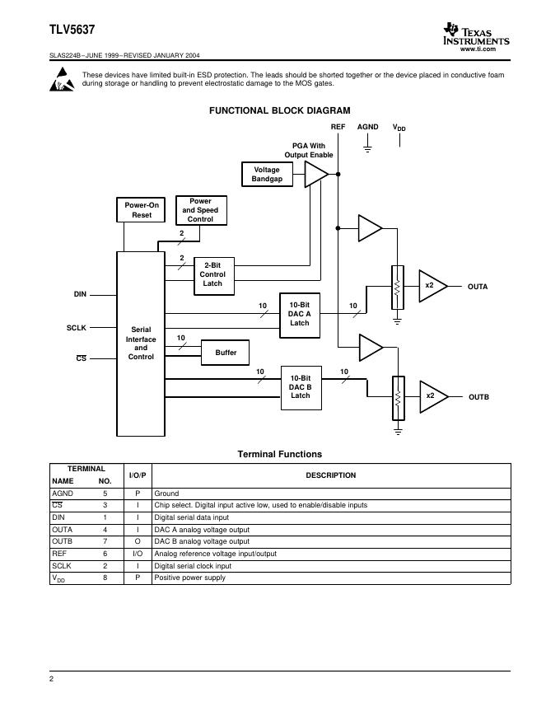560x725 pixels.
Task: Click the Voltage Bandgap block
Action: [267, 175]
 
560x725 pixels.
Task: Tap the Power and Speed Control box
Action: [200, 210]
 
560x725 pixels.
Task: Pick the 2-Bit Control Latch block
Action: [212, 274]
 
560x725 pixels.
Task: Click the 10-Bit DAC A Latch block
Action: [300, 314]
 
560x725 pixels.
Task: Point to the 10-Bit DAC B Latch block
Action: [301, 387]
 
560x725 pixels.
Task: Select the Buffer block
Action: [226, 353]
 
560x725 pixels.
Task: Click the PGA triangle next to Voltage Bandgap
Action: [315, 175]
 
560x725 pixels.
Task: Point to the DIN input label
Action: [80, 294]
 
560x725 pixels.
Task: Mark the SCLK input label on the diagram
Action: [77, 328]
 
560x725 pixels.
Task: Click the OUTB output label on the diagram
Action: [478, 397]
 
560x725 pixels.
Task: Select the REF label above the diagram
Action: [338, 127]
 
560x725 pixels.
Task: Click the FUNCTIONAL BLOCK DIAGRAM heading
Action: [279, 110]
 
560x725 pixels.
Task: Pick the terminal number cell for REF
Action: [105, 554]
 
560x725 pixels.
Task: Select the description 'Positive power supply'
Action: [190, 578]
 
